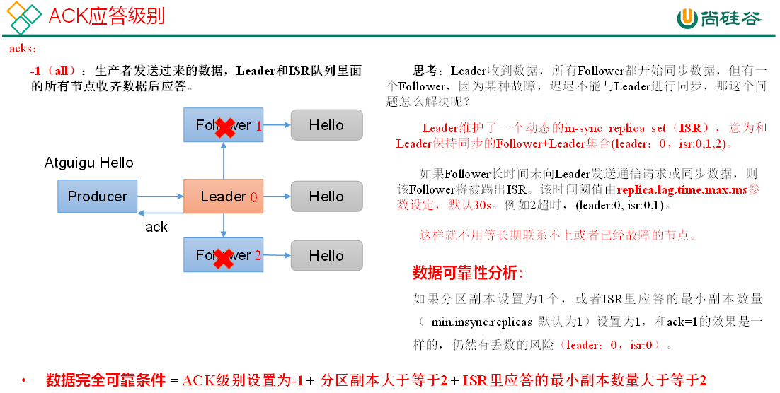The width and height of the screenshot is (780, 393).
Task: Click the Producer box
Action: pos(97,196)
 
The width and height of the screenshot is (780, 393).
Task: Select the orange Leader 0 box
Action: pos(223,196)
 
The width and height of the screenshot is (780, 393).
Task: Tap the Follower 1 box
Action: pos(224,125)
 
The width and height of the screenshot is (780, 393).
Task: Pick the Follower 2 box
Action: pos(224,255)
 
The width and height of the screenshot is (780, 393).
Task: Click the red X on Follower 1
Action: pos(225,128)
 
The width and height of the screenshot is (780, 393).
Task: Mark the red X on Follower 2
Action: pos(224,258)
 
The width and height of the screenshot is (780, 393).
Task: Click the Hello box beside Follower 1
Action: pos(326,125)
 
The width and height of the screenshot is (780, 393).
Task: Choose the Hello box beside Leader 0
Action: pos(326,196)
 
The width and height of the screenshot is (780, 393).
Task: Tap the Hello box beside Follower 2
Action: pos(326,256)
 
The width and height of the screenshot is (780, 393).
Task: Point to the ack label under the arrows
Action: pos(156,227)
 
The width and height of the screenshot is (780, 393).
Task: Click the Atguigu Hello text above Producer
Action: pos(89,163)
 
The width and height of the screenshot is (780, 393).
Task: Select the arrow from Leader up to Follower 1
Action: pos(224,160)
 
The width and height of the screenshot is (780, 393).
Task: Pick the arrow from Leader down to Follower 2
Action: pos(224,225)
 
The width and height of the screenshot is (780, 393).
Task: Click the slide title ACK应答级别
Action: pos(106,16)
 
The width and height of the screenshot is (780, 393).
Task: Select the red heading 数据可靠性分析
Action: pos(468,273)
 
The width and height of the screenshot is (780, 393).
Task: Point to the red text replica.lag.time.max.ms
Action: pos(682,190)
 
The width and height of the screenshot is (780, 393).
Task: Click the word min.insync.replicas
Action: pos(481,322)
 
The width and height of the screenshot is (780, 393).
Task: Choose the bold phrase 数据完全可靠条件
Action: pos(105,380)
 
